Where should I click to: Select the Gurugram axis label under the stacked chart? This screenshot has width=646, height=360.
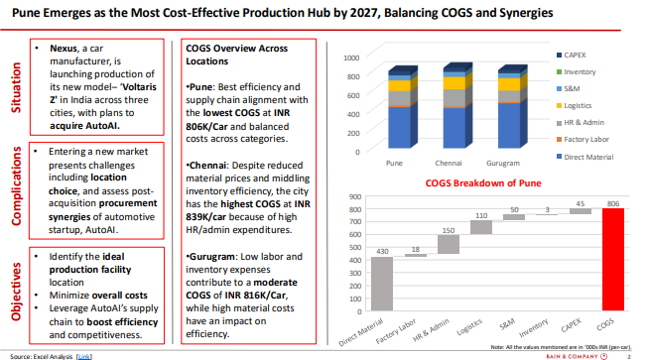click(x=503, y=162)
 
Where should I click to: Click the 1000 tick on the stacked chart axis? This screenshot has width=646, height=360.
click(x=349, y=57)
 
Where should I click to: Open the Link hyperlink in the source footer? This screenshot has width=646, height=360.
click(x=85, y=354)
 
